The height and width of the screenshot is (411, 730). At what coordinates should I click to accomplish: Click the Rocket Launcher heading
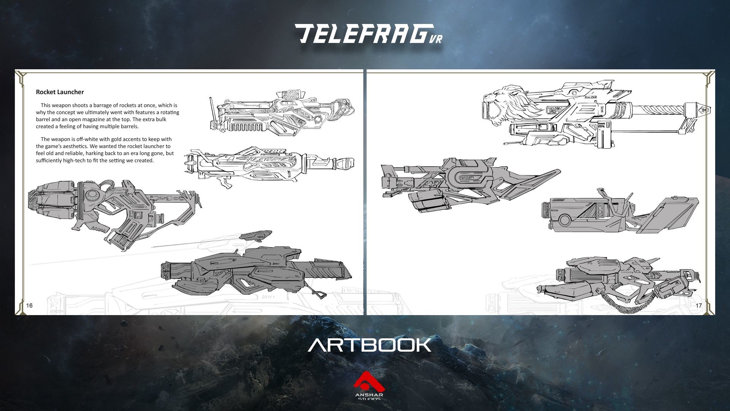pyautogui.click(x=60, y=92)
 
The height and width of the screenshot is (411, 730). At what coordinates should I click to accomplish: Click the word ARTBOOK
pyautogui.click(x=369, y=345)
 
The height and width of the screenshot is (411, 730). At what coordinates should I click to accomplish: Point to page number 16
pyautogui.click(x=29, y=305)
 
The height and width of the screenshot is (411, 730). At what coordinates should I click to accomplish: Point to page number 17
pyautogui.click(x=698, y=306)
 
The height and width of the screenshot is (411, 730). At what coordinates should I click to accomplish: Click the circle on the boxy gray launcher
pyautogui.click(x=564, y=220)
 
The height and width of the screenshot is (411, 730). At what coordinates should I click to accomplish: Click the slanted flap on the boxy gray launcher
pyautogui.click(x=669, y=215)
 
